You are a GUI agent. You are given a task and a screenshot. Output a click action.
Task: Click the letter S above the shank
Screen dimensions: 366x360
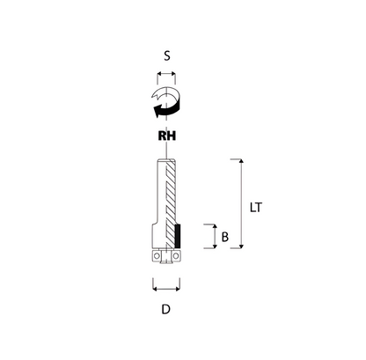click(x=167, y=55)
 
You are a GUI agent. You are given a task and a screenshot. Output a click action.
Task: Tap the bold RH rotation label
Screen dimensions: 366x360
click(x=167, y=136)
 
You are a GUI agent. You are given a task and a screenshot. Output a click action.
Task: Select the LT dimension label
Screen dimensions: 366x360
click(x=255, y=208)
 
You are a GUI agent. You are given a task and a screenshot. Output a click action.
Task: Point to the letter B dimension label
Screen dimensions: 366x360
click(x=225, y=237)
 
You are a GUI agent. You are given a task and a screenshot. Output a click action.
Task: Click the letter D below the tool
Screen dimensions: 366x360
click(x=166, y=309)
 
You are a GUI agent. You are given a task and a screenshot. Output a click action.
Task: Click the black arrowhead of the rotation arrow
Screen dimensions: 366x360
click(x=157, y=111)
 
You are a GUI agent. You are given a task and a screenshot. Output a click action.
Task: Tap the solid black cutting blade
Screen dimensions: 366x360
click(x=178, y=236)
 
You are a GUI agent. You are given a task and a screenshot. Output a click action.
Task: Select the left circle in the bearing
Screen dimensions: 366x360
click(x=157, y=256)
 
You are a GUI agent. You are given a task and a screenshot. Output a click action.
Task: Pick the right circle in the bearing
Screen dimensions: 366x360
click(x=176, y=256)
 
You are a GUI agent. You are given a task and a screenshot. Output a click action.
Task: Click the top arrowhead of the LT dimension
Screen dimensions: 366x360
click(x=241, y=161)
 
